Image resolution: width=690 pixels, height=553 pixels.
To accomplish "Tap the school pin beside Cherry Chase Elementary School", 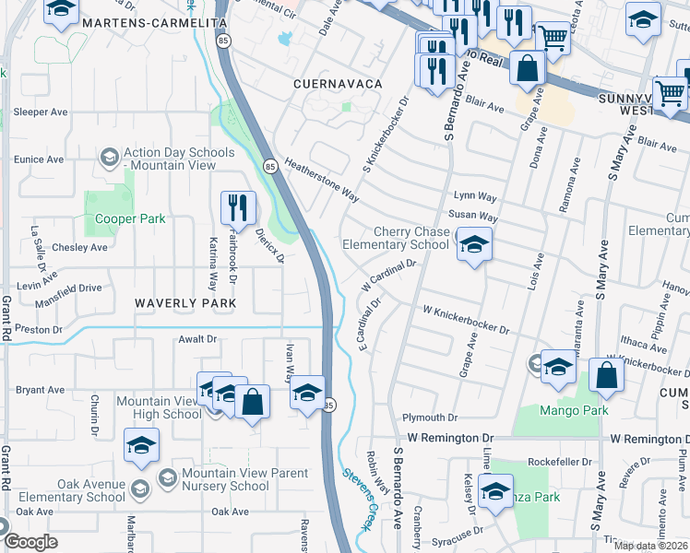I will click(x=474, y=245).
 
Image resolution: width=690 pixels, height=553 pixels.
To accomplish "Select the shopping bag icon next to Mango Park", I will click(x=606, y=375).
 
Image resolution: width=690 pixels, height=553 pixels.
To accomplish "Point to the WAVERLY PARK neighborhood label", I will click(x=185, y=302).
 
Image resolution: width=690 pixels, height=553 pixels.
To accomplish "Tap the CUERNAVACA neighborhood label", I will click(x=338, y=84).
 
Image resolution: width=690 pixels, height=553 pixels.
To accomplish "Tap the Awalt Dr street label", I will click(x=197, y=339).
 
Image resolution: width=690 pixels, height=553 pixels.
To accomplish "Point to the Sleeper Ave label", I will click(x=41, y=112).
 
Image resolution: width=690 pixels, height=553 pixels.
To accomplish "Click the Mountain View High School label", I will click(x=159, y=407).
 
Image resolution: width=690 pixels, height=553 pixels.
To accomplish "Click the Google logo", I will click(x=30, y=542).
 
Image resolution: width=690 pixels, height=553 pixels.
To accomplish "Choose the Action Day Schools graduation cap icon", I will click(x=109, y=157).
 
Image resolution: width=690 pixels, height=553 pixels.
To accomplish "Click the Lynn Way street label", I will click(x=475, y=197).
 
